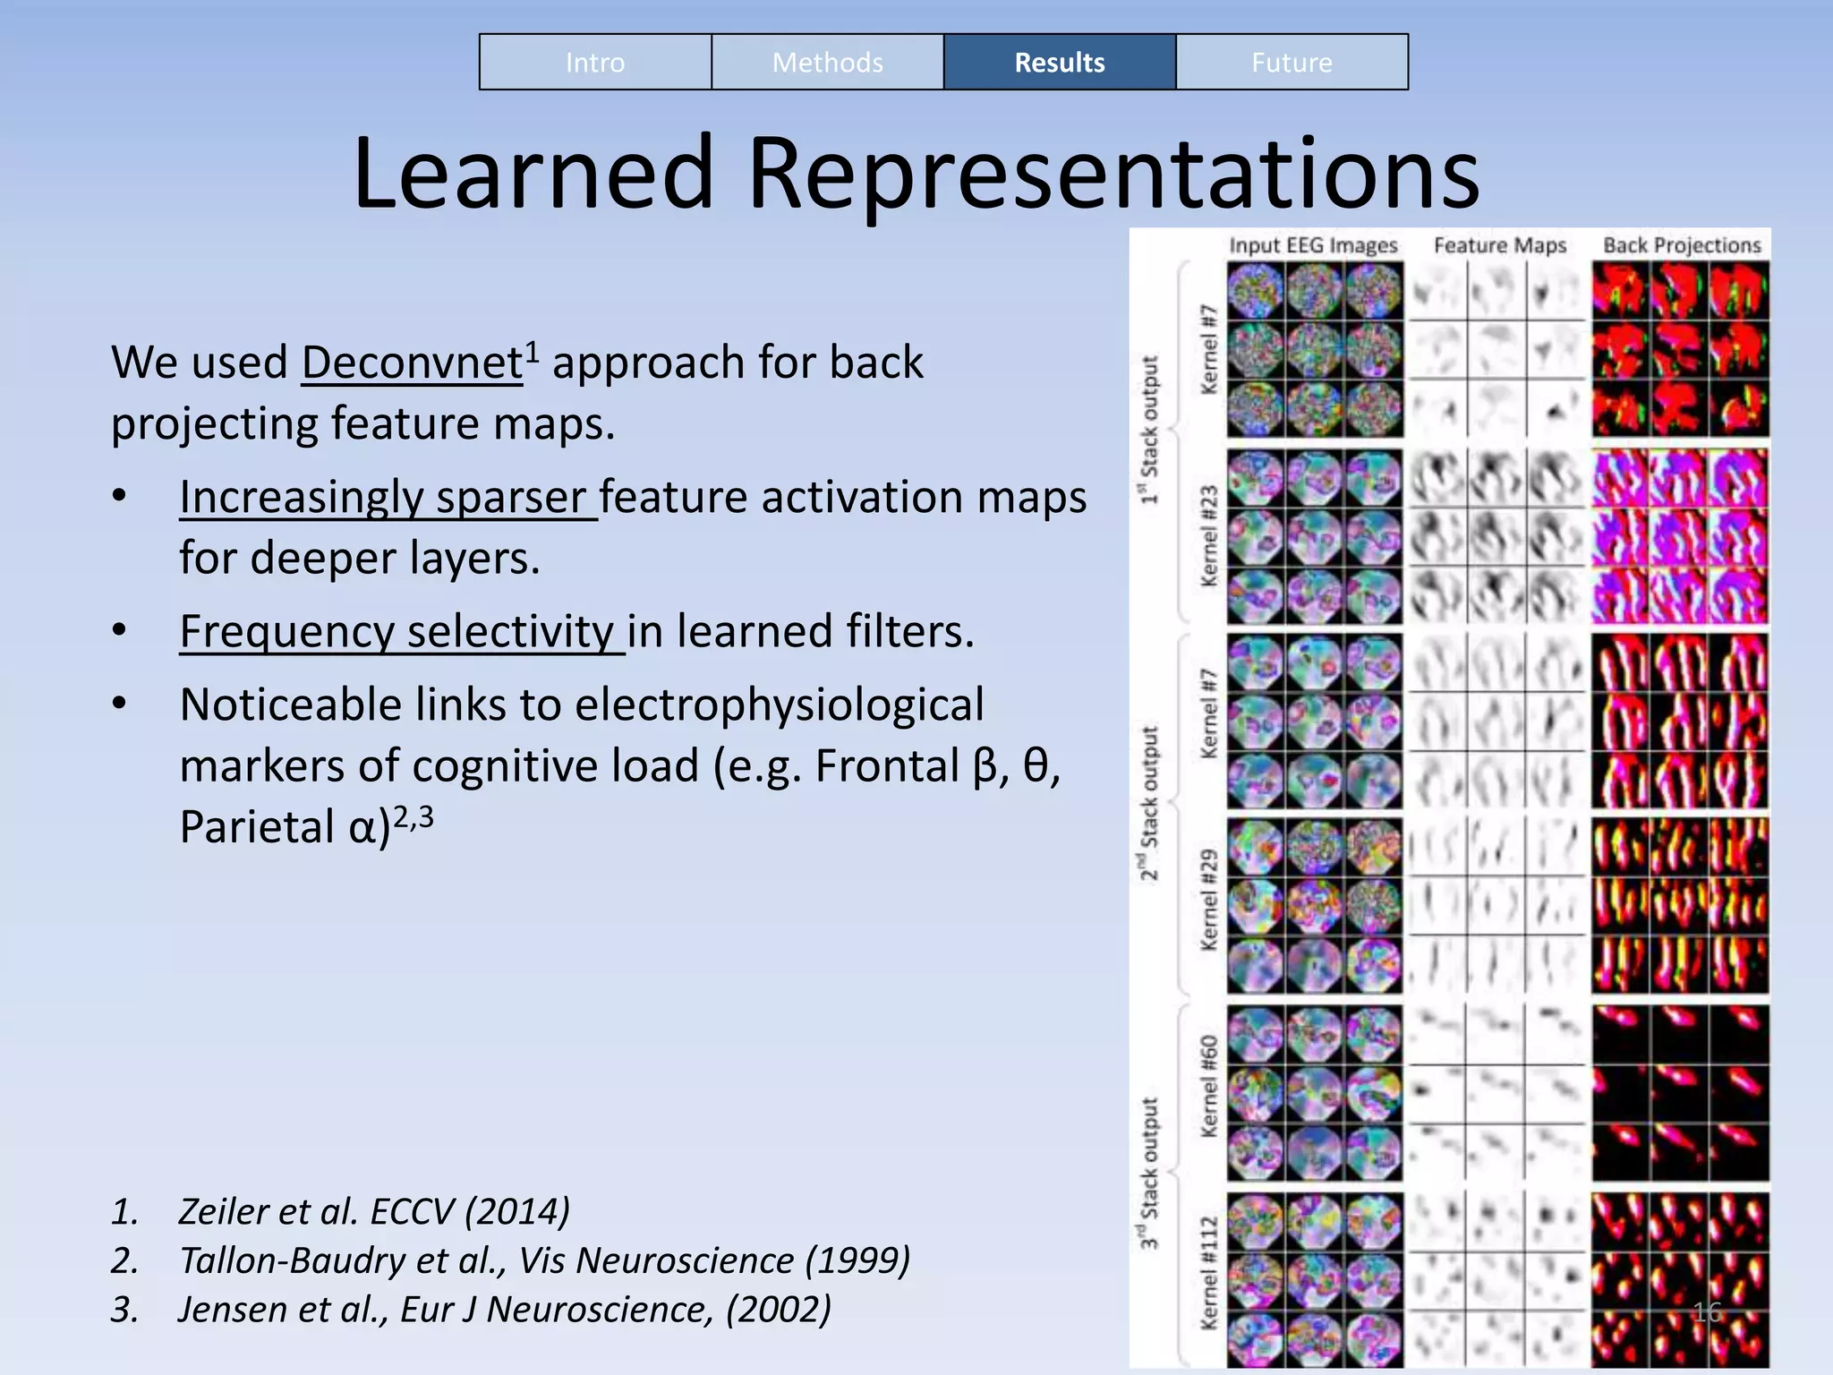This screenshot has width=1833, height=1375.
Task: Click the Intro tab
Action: [x=595, y=63]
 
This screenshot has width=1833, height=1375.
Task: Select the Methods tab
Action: [x=827, y=63]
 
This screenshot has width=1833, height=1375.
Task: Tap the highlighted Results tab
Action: [x=1059, y=63]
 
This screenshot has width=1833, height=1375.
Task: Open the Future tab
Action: [x=1292, y=63]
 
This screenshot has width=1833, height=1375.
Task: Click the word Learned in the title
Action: [x=533, y=173]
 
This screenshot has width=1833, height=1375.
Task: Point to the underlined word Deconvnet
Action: [x=412, y=363]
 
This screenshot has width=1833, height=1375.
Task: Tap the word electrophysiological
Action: [x=779, y=705]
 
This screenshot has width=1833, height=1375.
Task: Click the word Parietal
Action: [x=256, y=827]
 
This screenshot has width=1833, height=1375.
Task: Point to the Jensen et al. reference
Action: [x=504, y=1310]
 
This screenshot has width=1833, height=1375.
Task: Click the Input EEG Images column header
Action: [x=1313, y=245]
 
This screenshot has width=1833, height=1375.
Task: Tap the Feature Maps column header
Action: [x=1500, y=245]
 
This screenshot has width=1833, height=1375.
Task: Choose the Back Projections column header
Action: [x=1681, y=245]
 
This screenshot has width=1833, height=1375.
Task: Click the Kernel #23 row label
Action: [x=1209, y=536]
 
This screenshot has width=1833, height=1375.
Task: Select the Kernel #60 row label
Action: [x=1209, y=1087]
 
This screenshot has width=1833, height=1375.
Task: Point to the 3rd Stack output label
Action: [x=1148, y=1173]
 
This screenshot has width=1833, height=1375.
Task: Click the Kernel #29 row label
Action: [x=1209, y=900]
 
